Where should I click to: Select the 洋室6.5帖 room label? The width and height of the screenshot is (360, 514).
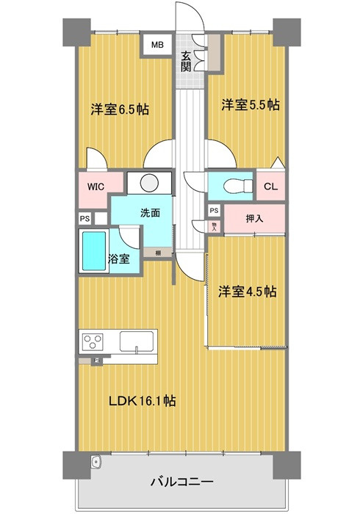120,109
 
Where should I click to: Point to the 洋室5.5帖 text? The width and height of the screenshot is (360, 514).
251,105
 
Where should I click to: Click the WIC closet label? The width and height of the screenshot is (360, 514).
96,186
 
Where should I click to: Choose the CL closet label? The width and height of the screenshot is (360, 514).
270,186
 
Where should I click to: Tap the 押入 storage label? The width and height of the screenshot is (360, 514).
254,219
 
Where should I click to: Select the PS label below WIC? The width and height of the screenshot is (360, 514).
84,218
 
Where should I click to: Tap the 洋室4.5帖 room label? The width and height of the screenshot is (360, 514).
246,292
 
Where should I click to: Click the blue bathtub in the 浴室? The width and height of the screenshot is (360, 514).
93,252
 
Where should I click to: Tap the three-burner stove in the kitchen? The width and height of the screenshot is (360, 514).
94,343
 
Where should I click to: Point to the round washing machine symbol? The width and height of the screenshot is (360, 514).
148,183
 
